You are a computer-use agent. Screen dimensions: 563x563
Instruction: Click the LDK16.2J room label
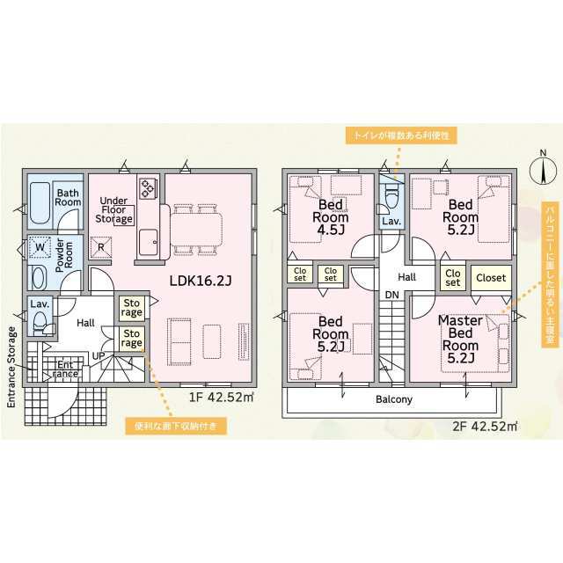tap(201, 281)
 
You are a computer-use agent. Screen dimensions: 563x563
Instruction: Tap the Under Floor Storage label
tap(113, 209)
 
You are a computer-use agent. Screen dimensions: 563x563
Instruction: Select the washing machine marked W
tap(40, 247)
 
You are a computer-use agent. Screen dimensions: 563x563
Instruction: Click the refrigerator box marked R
tap(101, 247)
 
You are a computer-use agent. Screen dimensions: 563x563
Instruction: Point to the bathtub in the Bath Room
tap(40, 203)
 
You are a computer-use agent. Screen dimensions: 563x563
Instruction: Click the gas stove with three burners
tap(148, 187)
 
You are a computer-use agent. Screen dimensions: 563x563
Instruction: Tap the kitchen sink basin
tap(149, 242)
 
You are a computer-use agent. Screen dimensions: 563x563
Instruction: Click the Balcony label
tap(394, 399)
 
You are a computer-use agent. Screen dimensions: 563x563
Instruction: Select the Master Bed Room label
tap(460, 339)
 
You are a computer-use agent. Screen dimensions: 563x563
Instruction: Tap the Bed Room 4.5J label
tap(331, 217)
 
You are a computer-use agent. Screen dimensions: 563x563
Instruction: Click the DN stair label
tap(392, 295)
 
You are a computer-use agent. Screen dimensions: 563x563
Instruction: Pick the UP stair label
tap(99, 355)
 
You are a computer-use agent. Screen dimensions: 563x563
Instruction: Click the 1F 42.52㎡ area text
tap(221, 397)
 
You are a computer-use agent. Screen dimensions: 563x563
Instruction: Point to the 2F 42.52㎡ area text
tap(485, 426)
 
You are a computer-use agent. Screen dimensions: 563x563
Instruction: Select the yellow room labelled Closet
tap(491, 278)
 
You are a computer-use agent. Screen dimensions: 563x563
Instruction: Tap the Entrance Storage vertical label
tap(11, 367)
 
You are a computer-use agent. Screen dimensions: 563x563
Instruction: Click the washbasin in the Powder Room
tap(39, 278)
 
